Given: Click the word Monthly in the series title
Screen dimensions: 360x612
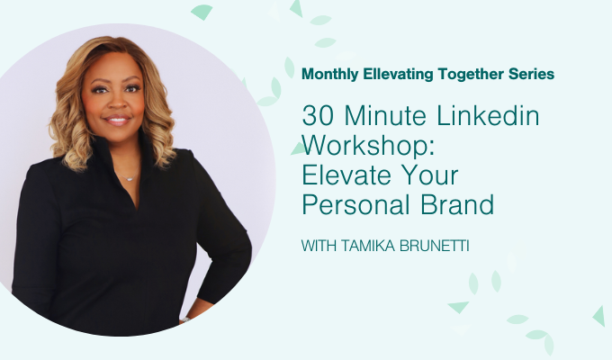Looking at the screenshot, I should click(x=330, y=71).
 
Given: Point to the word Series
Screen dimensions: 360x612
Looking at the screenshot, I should click(x=531, y=71).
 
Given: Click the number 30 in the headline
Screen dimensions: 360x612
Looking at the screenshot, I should click(x=316, y=117).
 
